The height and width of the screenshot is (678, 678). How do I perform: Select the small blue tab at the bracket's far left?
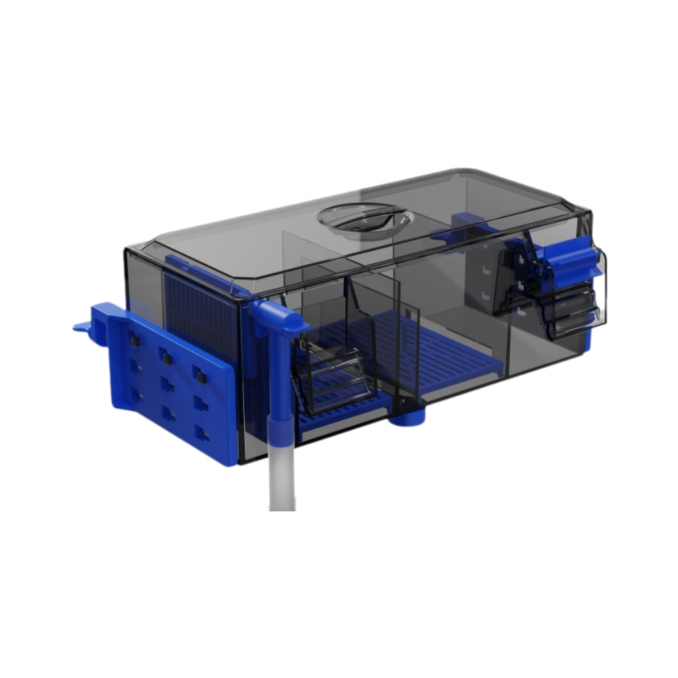(83, 327)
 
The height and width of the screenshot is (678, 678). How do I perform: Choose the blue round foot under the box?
(407, 415)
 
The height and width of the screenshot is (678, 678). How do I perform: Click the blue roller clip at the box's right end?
(570, 261)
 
